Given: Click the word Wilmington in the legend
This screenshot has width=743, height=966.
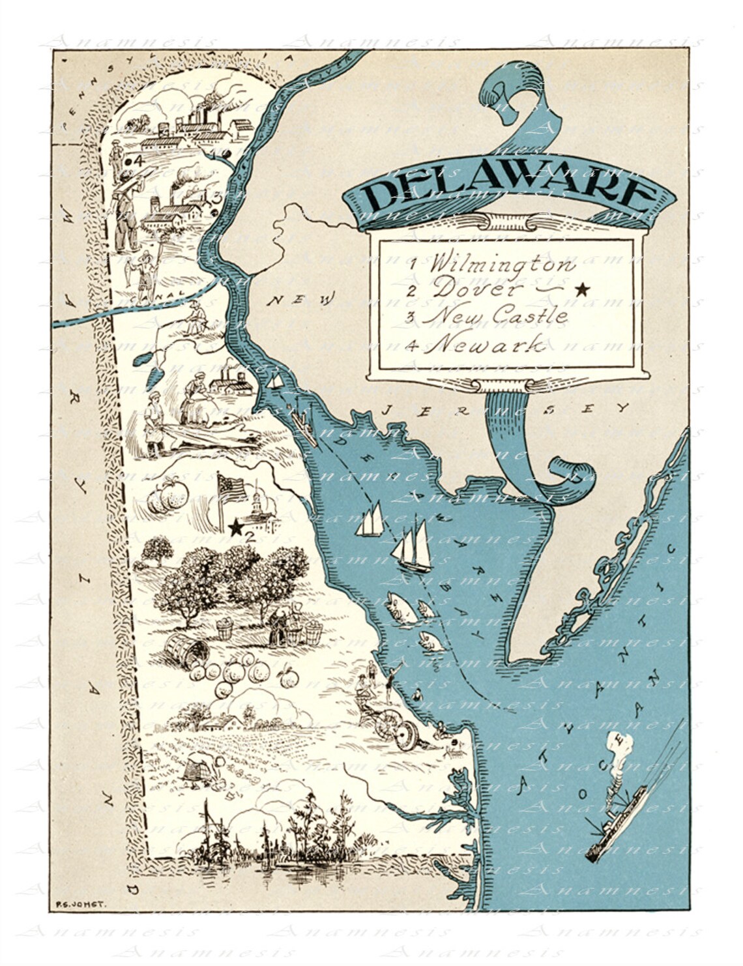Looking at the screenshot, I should (x=502, y=264).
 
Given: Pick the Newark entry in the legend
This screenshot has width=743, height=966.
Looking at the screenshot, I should (x=486, y=344).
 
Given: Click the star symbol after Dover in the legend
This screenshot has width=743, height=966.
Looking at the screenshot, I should (x=582, y=288).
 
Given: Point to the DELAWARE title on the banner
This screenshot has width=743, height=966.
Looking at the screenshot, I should (x=508, y=190).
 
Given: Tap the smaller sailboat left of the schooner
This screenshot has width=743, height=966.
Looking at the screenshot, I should (x=369, y=521).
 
